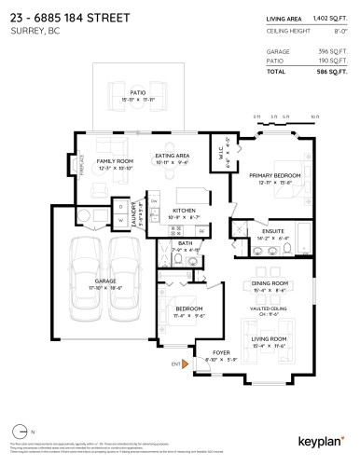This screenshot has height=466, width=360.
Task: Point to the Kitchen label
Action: tap(184, 212)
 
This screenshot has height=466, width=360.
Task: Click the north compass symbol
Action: tap(21, 432)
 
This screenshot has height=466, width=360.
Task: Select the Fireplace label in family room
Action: tap(83, 165)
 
